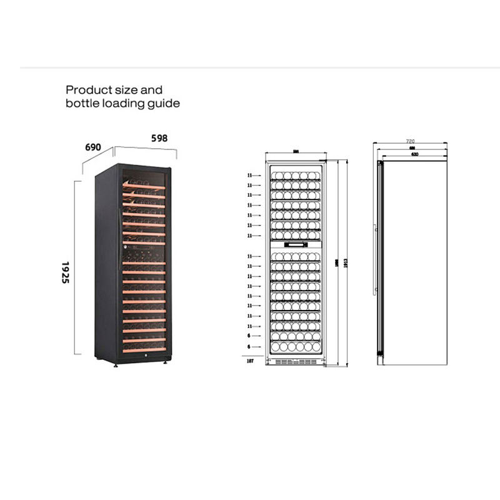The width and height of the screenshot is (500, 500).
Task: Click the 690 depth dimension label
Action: tap(93, 147)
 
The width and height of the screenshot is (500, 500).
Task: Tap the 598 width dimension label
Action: tap(159, 138)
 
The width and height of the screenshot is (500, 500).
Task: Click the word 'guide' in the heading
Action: tap(164, 103)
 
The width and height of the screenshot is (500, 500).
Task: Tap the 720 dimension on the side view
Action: tap(411, 141)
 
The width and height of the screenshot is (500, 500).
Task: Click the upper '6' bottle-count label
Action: tap(249, 336)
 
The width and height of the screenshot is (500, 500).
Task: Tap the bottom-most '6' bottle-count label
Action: tap(249, 346)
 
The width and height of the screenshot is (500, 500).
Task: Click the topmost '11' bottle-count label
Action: tap(249, 176)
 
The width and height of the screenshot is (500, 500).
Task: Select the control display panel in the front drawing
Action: tap(296, 245)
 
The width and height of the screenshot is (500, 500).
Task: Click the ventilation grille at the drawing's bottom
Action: tap(296, 361)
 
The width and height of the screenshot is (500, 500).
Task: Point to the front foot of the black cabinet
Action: tap(116, 364)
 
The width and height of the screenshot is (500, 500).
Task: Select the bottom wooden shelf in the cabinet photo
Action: tap(144, 350)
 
